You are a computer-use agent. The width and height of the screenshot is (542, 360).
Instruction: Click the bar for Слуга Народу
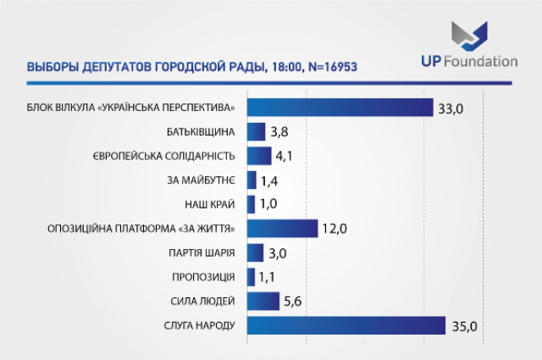click(346, 325)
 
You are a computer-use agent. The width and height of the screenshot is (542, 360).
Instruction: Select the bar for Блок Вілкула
click(340, 108)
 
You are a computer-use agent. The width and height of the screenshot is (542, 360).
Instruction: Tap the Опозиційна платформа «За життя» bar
click(282, 229)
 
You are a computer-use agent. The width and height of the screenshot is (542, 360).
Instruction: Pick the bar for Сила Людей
click(263, 302)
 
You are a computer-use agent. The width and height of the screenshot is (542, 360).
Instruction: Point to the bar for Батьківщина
click(256, 132)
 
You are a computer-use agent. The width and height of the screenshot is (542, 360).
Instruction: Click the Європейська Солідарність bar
click(259, 156)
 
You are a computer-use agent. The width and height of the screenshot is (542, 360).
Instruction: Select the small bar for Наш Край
click(252, 204)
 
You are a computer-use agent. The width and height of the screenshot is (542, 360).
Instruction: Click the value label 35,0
click(465, 326)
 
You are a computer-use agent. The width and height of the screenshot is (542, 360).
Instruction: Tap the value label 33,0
click(451, 109)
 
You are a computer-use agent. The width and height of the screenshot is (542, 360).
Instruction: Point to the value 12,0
click(335, 229)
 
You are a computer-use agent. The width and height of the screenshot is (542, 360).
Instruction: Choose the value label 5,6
click(292, 302)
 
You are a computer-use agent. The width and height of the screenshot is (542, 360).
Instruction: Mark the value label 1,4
click(269, 181)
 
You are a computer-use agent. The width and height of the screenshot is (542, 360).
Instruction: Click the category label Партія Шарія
click(202, 252)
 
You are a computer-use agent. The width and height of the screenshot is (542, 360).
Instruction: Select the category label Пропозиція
click(203, 277)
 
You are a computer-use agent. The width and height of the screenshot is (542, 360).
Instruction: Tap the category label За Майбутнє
click(202, 180)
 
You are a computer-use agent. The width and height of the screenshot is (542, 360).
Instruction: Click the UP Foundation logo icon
click(469, 36)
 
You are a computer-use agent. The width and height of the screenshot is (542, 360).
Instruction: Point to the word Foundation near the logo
click(480, 61)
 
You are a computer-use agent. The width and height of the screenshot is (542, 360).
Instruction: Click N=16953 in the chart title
click(332, 66)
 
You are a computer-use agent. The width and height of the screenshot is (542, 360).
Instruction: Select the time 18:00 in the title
click(286, 67)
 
